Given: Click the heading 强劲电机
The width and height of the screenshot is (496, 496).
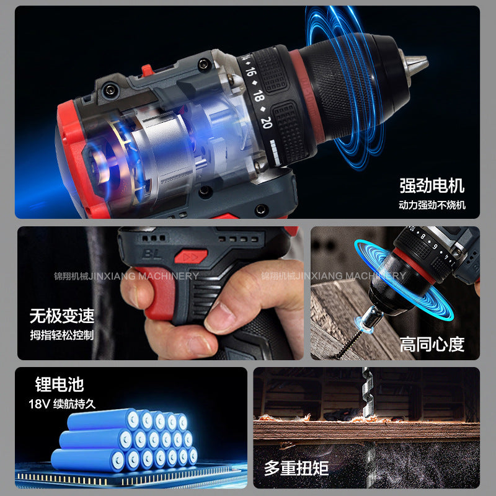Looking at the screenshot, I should pos(432,185).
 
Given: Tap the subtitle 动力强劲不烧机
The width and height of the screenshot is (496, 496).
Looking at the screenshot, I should pos(432,205).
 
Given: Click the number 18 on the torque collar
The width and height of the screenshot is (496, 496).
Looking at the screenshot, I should pos(260,97).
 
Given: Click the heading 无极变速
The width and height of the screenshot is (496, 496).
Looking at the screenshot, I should pos(62,316).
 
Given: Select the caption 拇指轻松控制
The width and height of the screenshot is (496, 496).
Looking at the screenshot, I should pos(61,335).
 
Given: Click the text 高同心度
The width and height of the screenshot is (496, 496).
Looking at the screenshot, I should pos(432,345).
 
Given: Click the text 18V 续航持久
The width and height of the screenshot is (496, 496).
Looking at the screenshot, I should pos(62,404).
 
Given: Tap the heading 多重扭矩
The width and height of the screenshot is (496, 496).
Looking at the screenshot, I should pos(296,467).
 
